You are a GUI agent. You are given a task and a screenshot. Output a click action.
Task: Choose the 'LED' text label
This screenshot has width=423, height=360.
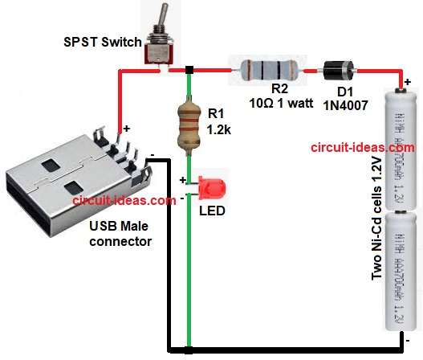point(212,211)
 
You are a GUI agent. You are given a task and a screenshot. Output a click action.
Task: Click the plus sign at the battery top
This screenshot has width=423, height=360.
point(409,81)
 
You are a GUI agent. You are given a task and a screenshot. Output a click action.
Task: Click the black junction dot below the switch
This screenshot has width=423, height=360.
point(189,71)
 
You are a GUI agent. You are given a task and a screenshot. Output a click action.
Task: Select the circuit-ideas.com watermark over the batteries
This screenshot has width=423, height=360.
point(362,148)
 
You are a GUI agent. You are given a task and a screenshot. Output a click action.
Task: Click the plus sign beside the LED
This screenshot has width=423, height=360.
point(182,180)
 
